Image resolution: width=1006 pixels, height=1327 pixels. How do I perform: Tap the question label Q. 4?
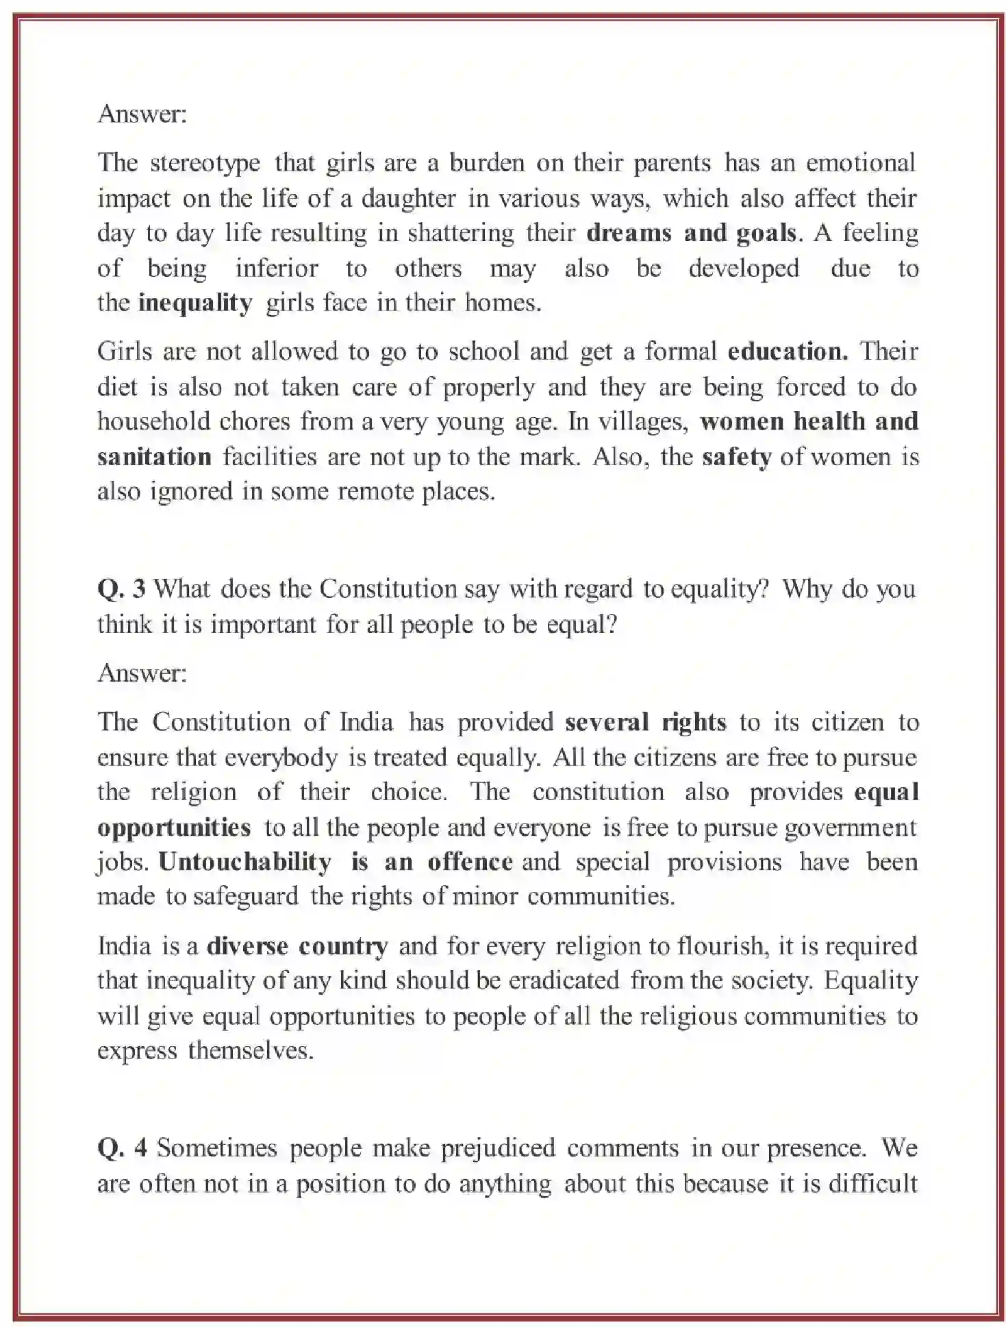tap(122, 1148)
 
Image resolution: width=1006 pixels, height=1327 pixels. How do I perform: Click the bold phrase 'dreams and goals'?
tap(692, 234)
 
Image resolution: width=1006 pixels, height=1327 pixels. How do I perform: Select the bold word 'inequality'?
tap(195, 303)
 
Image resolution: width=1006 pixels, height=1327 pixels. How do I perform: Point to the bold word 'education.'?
tap(788, 352)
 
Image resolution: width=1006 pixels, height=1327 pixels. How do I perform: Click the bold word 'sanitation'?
tap(154, 457)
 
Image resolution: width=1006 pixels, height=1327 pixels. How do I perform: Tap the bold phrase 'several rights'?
tap(645, 723)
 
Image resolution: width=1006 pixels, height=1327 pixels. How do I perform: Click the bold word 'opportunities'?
tap(174, 828)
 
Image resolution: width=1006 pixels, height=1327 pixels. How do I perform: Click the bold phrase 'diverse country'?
tap(297, 947)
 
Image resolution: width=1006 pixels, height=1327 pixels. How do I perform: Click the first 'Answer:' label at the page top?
tap(142, 114)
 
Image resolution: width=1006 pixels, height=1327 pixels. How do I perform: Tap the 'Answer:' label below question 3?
tap(142, 673)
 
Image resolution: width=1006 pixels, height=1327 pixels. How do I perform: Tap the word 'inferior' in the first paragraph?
tap(277, 269)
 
